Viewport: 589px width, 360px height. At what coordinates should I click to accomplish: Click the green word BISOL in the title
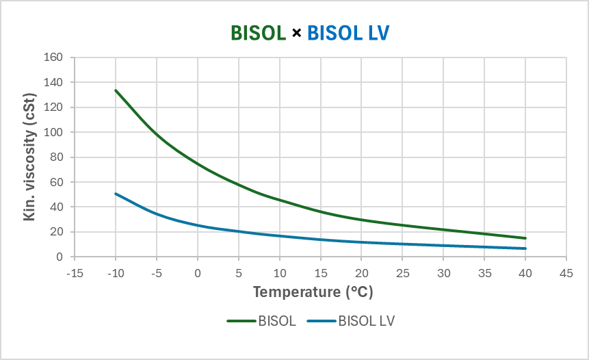258,32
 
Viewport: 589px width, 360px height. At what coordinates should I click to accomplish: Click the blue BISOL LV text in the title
348,32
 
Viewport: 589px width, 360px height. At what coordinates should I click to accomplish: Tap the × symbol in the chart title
296,32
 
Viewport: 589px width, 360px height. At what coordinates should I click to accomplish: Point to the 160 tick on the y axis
53,57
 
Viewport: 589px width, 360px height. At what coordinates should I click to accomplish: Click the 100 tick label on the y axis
53,132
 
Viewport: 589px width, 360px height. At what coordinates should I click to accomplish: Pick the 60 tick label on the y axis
55,182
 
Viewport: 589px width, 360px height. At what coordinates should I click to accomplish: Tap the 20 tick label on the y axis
55,232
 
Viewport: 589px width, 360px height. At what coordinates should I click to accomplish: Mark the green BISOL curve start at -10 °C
116,90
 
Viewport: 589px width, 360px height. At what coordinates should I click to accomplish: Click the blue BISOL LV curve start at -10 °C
116,194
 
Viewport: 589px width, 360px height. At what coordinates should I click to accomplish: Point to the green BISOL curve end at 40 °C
525,238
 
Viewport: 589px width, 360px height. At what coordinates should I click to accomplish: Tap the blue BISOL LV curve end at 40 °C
525,248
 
